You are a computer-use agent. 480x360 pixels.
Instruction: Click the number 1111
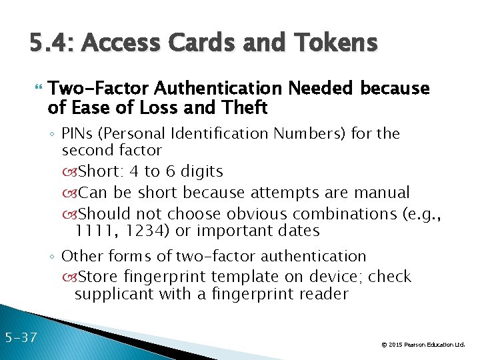click(93, 231)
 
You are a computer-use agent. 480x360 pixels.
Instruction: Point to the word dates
click(297, 231)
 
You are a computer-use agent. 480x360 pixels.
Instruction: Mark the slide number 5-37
click(19, 337)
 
